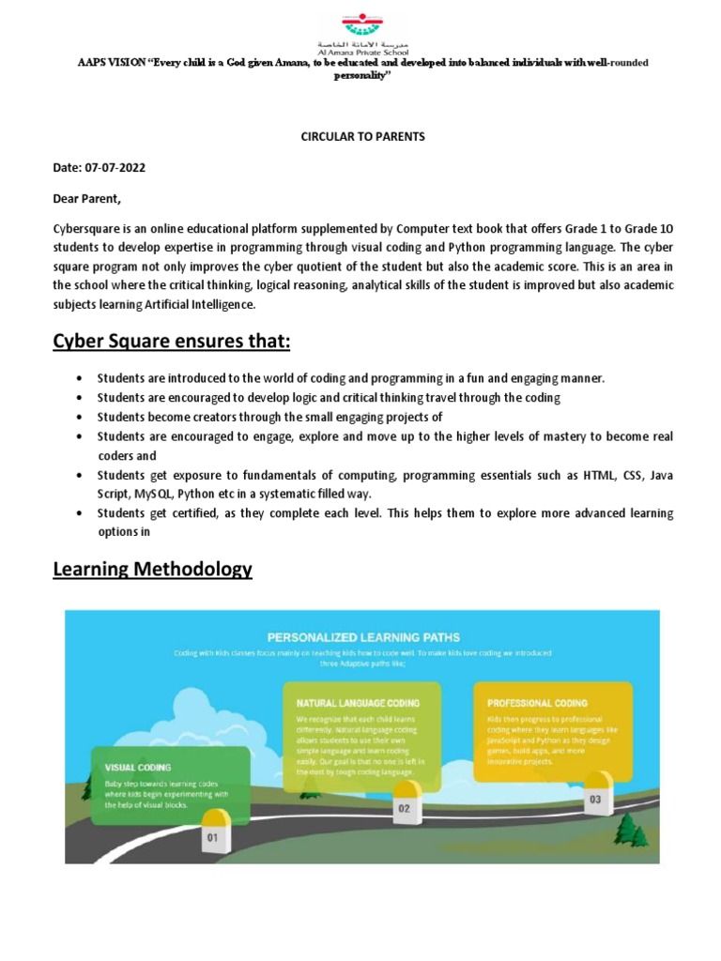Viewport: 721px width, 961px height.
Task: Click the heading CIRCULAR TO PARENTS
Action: [362, 136]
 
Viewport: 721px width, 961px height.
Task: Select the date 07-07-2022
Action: [114, 168]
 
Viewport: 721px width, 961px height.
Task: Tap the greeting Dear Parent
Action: [87, 199]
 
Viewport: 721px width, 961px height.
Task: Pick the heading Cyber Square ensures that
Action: [171, 342]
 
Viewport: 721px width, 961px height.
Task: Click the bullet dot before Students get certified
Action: [76, 513]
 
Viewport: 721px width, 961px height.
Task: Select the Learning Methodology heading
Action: [152, 569]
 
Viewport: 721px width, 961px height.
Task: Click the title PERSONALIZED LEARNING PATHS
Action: [362, 637]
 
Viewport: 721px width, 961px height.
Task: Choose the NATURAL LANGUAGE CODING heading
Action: [358, 702]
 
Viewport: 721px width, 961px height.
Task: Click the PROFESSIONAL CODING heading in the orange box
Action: [537, 702]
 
